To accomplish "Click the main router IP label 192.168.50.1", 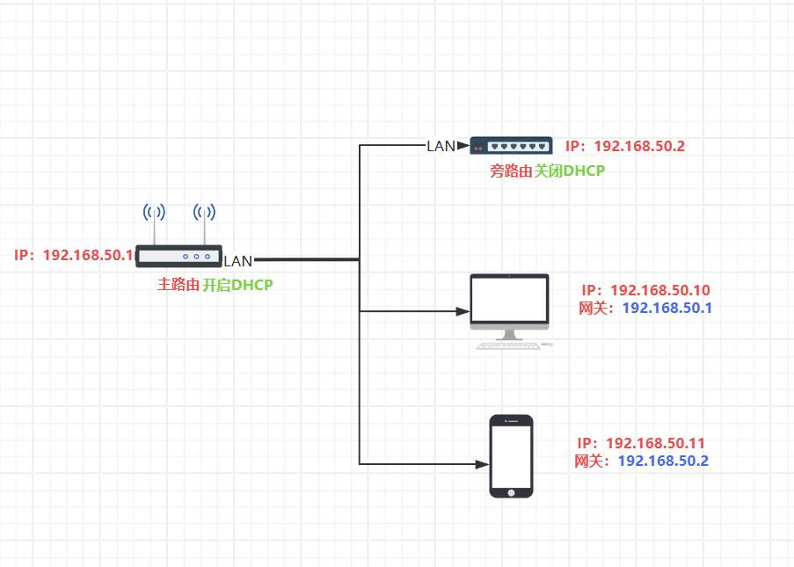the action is click(88, 255).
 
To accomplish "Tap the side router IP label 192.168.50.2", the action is click(639, 146).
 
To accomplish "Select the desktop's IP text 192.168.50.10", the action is click(660, 290).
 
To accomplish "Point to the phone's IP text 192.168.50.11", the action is click(656, 443).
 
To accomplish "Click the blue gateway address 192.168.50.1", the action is click(667, 308).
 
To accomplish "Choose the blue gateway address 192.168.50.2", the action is click(663, 462).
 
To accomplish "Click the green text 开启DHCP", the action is click(237, 285).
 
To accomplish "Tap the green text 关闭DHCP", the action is click(570, 171).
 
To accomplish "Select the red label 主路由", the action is click(178, 285).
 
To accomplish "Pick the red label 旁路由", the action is click(511, 171).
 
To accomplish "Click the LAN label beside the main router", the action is click(238, 261).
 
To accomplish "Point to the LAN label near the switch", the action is click(441, 146).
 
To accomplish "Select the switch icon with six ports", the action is click(512, 145).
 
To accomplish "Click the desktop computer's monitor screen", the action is click(509, 299).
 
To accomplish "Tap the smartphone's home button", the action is click(512, 493).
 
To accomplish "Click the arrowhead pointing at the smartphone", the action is click(483, 464).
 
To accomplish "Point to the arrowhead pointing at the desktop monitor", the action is click(463, 311).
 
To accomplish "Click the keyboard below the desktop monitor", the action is click(508, 346).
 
